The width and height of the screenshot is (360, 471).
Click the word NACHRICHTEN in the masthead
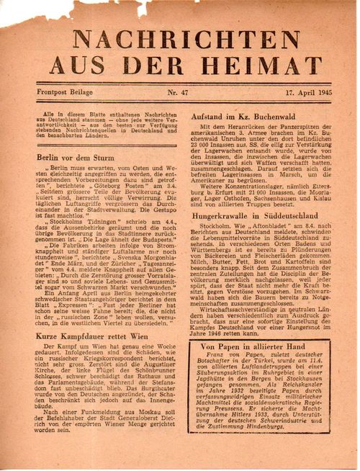pos(179,39)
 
